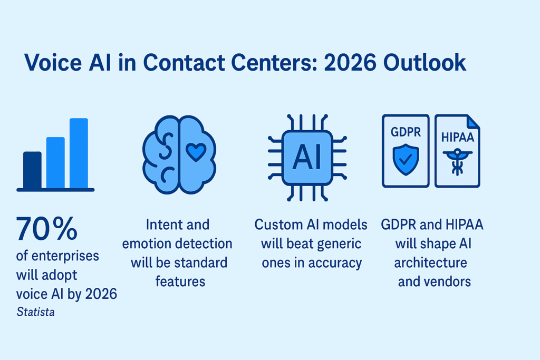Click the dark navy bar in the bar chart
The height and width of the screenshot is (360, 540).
click(32, 170)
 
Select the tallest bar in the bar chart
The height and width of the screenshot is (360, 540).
click(79, 153)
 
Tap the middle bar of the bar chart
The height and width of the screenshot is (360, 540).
click(55, 163)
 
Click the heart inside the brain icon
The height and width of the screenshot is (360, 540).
click(196, 152)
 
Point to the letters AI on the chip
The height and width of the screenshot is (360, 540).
click(307, 157)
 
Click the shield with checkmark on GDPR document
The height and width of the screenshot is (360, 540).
click(406, 160)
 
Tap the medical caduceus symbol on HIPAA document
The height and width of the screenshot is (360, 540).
click(457, 161)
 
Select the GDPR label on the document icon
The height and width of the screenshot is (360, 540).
click(406, 132)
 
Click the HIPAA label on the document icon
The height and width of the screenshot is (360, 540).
click(458, 138)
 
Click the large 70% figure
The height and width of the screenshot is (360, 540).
click(47, 228)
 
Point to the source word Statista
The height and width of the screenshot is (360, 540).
click(35, 312)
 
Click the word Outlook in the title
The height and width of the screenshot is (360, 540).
click(425, 63)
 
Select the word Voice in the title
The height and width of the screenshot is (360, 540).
click(53, 63)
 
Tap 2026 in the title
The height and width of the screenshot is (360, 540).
click(350, 63)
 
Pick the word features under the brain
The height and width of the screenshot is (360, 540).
click(180, 281)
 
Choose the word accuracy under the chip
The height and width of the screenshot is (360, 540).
click(335, 264)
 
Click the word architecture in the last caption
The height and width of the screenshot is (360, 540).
click(430, 262)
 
